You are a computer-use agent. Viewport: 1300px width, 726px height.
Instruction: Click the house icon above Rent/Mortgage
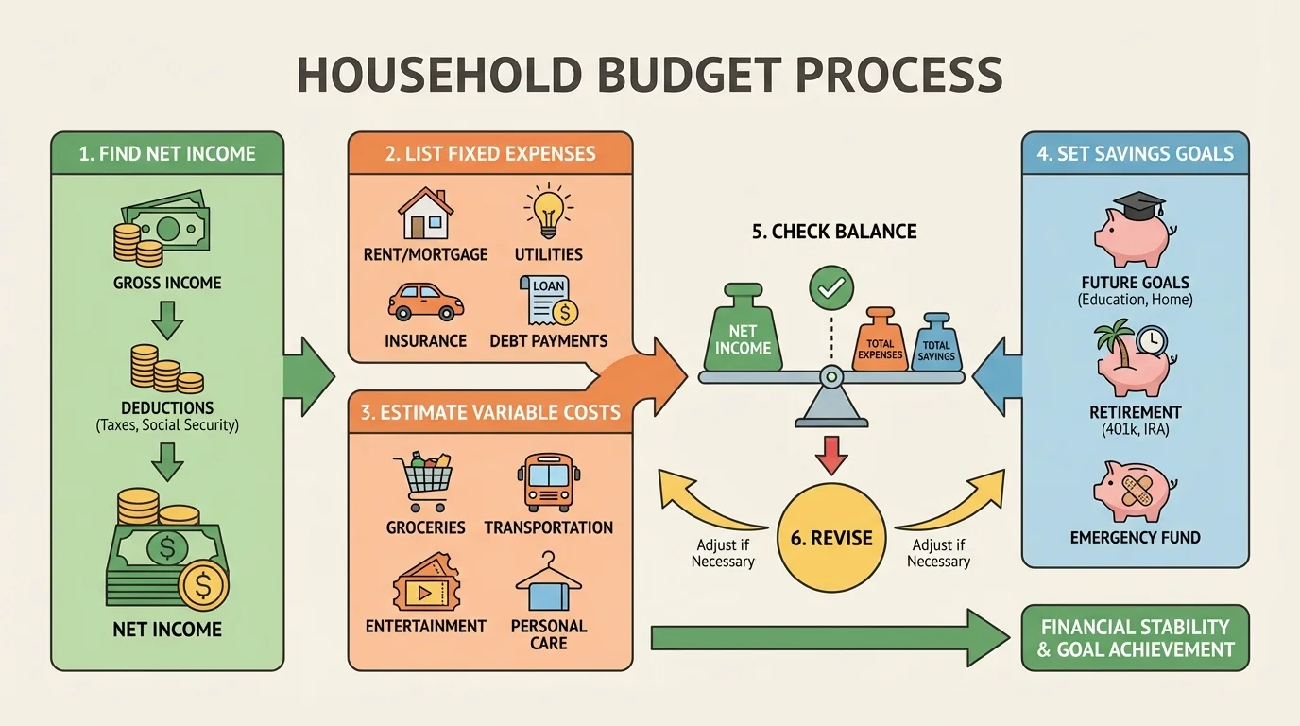point(424,213)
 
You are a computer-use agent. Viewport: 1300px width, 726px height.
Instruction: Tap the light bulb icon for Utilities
point(548,211)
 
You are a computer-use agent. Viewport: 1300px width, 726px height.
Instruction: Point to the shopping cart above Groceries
point(423,483)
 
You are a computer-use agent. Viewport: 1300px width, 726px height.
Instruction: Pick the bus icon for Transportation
point(547,482)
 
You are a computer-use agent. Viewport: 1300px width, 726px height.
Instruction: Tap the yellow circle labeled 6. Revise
point(830,538)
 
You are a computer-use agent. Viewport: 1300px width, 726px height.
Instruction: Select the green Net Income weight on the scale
point(743,334)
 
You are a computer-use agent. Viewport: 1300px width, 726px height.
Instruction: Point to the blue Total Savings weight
point(935,342)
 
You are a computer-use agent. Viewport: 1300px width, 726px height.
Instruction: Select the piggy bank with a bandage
point(1134,491)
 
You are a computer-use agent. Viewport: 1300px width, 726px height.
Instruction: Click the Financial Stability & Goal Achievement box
point(1135,638)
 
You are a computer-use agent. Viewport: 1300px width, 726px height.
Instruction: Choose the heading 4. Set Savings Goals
point(1135,153)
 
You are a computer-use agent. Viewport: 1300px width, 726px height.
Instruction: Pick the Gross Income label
point(167,283)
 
